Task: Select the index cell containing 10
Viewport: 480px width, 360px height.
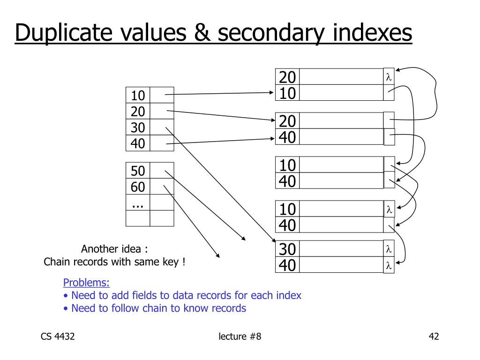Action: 138,96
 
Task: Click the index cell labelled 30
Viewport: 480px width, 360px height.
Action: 138,127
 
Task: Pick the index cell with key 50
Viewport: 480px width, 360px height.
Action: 138,171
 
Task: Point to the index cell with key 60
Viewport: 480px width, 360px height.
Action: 138,187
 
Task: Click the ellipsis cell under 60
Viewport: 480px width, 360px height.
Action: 138,203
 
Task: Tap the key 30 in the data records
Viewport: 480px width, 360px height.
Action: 287,249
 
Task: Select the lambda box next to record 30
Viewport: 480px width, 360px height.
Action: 389,248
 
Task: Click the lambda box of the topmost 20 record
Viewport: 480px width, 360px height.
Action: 389,77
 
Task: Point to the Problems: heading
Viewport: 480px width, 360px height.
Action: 87,283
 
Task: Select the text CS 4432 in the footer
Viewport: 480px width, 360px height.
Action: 58,337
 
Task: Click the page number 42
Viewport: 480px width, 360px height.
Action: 434,337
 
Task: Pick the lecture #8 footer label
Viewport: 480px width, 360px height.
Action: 240,337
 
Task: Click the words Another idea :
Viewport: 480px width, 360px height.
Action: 115,249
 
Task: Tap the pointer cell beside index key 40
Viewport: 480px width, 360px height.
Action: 162,143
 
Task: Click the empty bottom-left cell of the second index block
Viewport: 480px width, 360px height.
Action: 138,218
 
